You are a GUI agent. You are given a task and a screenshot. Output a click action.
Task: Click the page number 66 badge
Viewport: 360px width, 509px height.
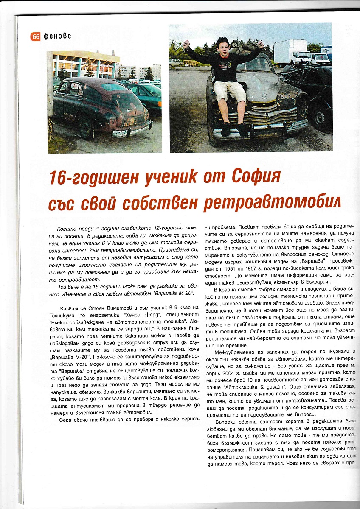(x=36, y=37)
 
